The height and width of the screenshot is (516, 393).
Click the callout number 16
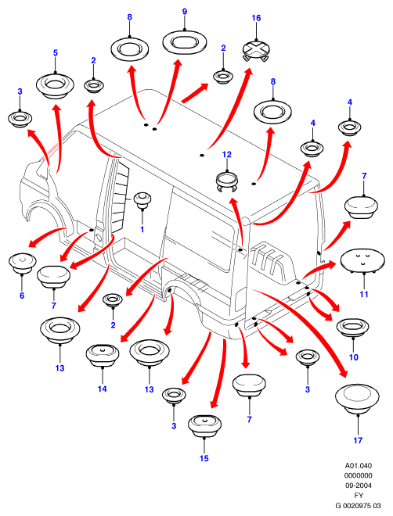pyautogui.click(x=256, y=18)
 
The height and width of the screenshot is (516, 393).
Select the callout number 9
pyautogui.click(x=185, y=12)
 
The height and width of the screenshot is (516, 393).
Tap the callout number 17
pyautogui.click(x=358, y=440)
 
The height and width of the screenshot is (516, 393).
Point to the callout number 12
pyautogui.click(x=227, y=155)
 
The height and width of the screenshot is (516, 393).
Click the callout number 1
pyautogui.click(x=142, y=229)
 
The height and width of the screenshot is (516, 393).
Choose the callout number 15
pyautogui.click(x=204, y=458)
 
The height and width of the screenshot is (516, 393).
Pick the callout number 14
pyautogui.click(x=102, y=389)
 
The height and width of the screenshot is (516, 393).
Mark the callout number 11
pyautogui.click(x=364, y=294)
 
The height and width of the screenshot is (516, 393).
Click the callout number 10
pyautogui.click(x=354, y=357)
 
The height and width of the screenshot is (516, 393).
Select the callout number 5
pyautogui.click(x=56, y=52)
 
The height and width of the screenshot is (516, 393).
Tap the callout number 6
pyautogui.click(x=22, y=296)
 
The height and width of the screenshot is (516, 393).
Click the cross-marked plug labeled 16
pyautogui.click(x=256, y=50)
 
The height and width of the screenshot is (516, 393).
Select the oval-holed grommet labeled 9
pyautogui.click(x=185, y=41)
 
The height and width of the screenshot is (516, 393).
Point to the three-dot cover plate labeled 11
pyautogui.click(x=362, y=260)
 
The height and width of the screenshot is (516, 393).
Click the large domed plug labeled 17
pyautogui.click(x=357, y=399)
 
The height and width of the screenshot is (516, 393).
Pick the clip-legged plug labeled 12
pyautogui.click(x=227, y=181)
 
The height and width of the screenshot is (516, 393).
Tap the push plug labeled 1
pyautogui.click(x=142, y=199)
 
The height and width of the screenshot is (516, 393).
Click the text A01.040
pyautogui.click(x=359, y=466)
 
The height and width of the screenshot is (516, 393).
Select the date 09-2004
pyautogui.click(x=359, y=486)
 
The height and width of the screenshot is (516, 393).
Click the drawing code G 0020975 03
pyautogui.click(x=358, y=506)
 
